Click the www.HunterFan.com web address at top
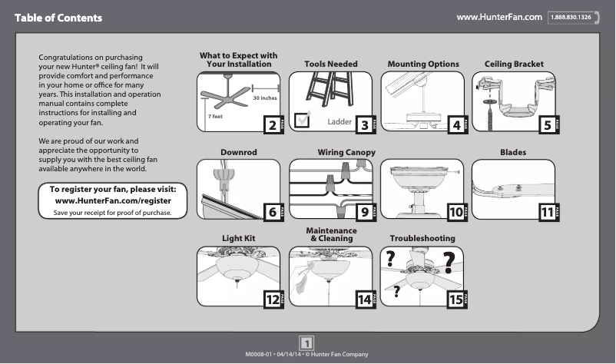click(x=499, y=16)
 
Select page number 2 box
click(x=270, y=124)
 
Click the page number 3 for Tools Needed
click(x=364, y=124)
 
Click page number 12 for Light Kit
click(x=271, y=299)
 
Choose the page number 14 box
click(x=363, y=299)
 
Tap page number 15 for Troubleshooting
click(x=456, y=299)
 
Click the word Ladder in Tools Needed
click(x=339, y=122)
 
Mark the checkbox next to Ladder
click(x=303, y=119)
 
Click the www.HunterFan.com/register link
click(x=113, y=200)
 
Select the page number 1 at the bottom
click(x=307, y=342)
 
